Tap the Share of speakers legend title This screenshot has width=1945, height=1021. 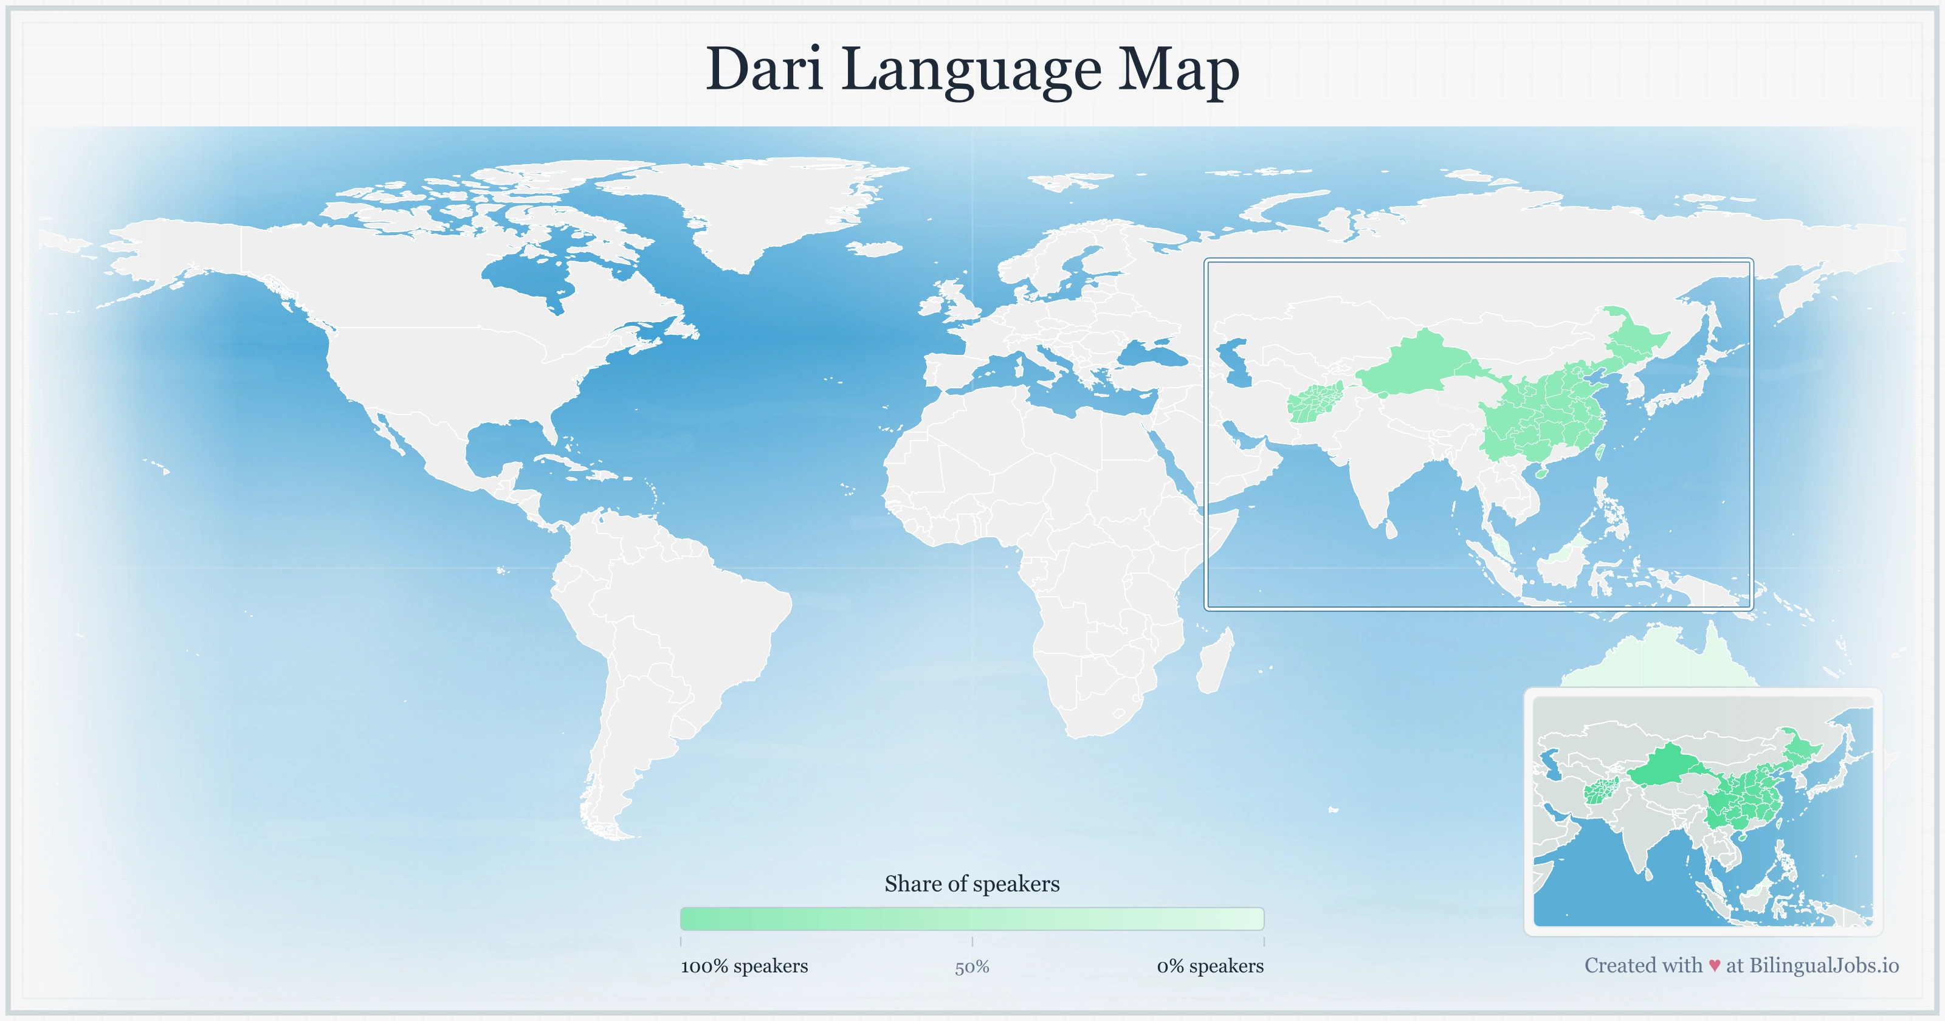point(972,884)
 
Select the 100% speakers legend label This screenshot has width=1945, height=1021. point(744,966)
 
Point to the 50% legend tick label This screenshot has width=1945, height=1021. point(972,967)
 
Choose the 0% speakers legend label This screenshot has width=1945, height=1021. point(1210,966)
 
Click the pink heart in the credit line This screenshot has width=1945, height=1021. point(1715,965)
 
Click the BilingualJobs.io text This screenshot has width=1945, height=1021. point(1823,965)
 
